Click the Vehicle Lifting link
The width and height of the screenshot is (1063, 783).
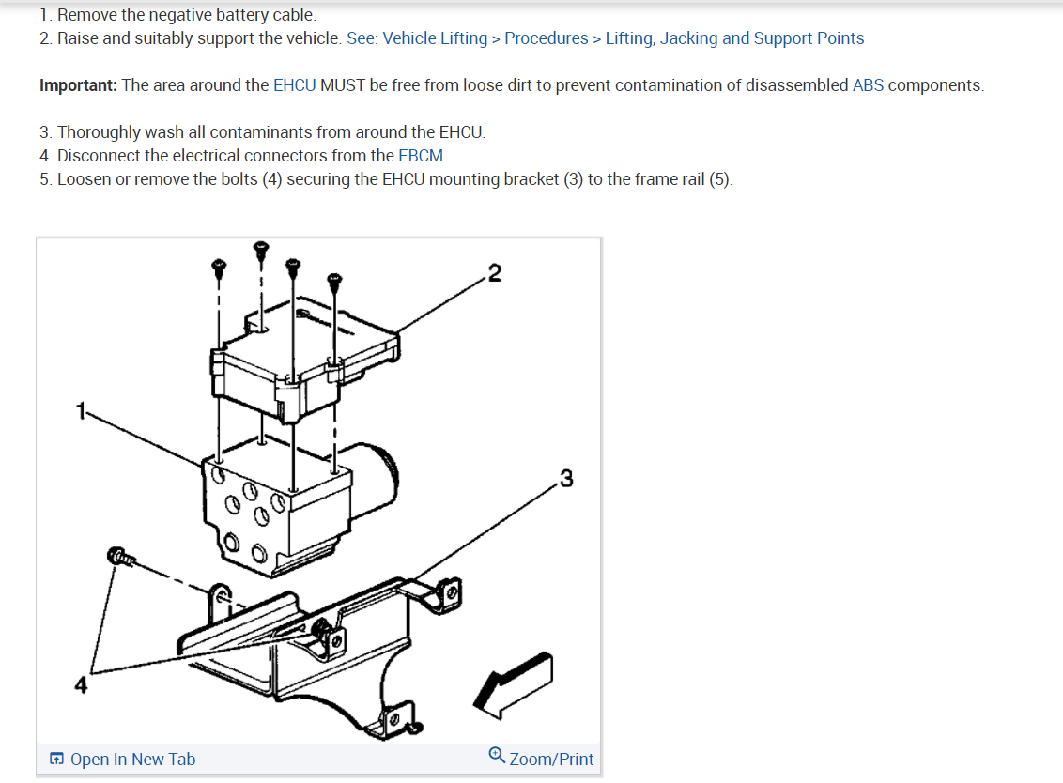[x=435, y=38]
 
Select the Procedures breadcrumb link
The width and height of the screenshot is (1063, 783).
[x=546, y=38]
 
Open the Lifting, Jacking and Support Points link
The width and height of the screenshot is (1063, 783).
[x=734, y=38]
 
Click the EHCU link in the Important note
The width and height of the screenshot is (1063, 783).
[x=294, y=85]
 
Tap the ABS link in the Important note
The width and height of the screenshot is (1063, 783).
[x=868, y=85]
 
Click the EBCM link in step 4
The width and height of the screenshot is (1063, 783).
[x=421, y=156]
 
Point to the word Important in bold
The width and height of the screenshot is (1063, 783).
[x=78, y=85]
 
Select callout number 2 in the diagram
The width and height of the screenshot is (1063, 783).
[x=495, y=273]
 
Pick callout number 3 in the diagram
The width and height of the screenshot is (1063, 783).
[x=565, y=479]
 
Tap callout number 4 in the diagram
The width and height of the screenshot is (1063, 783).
[x=82, y=685]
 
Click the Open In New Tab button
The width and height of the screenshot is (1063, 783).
[x=131, y=760]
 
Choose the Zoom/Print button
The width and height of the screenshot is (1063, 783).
[x=551, y=760]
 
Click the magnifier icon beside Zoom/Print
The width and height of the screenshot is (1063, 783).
[x=498, y=757]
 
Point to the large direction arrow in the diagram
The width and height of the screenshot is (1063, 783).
[x=514, y=680]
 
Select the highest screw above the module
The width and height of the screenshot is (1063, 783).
[x=261, y=251]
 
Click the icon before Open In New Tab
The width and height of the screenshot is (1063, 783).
[x=57, y=760]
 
